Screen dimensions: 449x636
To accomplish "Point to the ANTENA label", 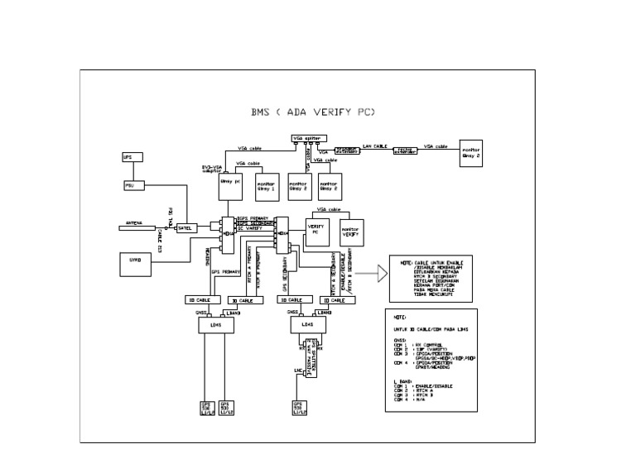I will tap(133, 222).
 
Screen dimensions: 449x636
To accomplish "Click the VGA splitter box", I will tap(306, 137).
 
